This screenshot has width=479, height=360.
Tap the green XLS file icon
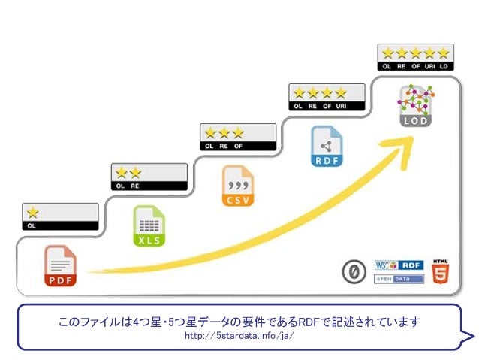point(149,225)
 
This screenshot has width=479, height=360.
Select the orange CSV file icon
point(237,186)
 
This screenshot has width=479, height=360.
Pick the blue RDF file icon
point(326,146)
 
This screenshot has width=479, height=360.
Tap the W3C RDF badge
point(399,265)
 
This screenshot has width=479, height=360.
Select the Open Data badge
point(399,279)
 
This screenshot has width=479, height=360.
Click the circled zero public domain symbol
point(350,273)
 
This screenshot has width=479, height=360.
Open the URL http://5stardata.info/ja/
point(239,335)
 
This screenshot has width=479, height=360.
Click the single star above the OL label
point(33,213)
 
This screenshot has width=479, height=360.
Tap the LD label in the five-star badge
point(443,67)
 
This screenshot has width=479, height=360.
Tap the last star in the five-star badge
point(443,53)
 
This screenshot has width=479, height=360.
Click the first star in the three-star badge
point(209,133)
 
